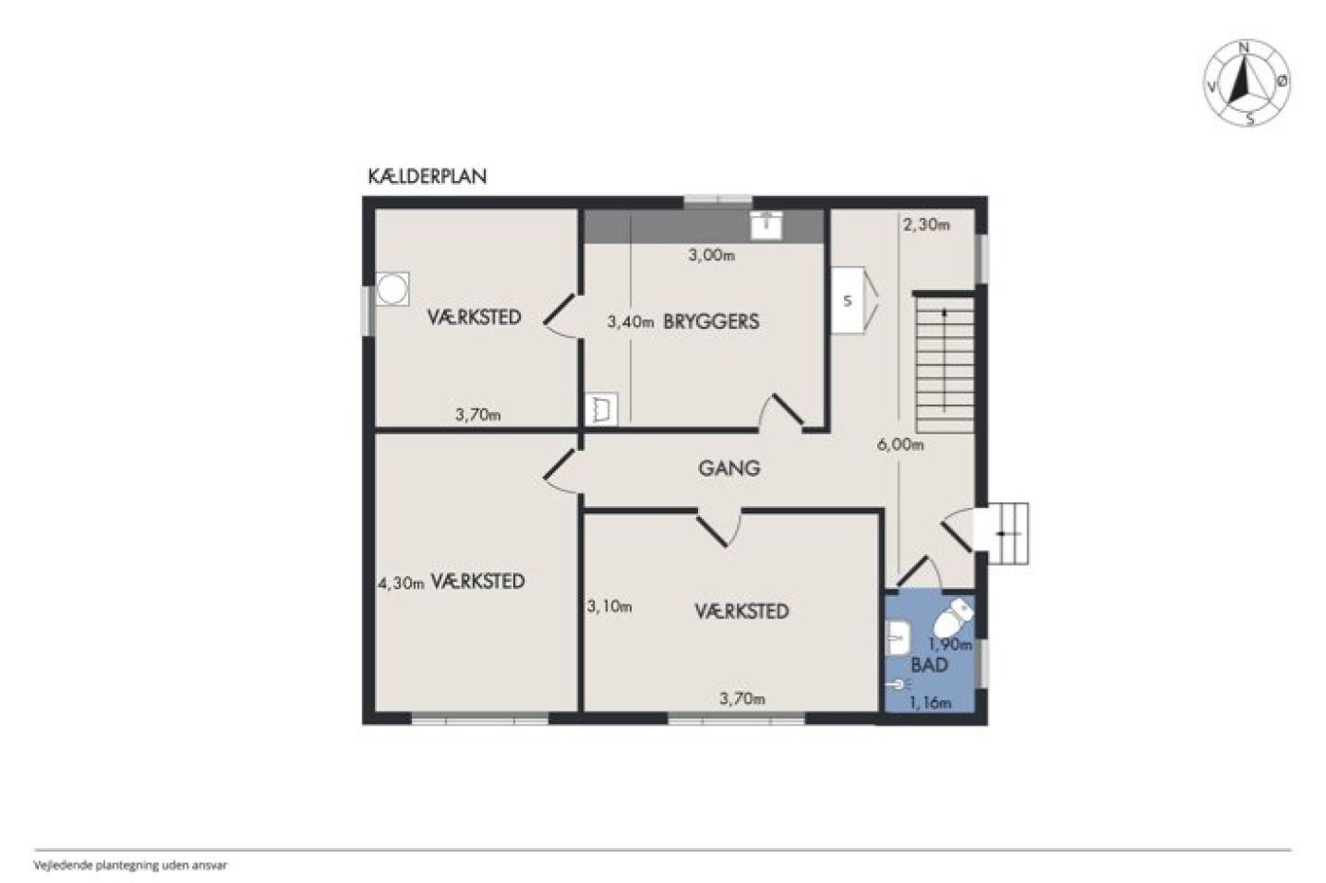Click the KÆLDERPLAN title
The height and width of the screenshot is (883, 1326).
pos(427,176)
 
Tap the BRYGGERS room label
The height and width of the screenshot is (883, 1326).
pos(711,321)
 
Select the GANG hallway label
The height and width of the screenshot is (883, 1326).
pos(729,468)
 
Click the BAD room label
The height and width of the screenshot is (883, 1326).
pos(929,665)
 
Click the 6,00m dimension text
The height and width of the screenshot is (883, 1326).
pos(900,444)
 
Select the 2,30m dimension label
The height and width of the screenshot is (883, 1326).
pos(926,225)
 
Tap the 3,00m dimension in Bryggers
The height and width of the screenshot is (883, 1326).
pos(711,255)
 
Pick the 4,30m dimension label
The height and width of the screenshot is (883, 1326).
pos(402,584)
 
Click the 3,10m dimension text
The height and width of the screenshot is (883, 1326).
pos(609,606)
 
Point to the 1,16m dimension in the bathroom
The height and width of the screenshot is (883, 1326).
pos(930,703)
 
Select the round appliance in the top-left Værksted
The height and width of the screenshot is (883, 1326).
pos(392,289)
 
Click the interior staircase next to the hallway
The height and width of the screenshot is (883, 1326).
pos(945,364)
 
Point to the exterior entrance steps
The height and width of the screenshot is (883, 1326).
pos(1002,533)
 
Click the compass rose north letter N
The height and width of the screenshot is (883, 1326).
pos(1244,47)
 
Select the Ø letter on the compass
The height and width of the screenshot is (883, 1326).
pos(1281,81)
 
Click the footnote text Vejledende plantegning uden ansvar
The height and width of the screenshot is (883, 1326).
pos(131,865)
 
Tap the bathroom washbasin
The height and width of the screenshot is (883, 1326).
pos(898,638)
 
